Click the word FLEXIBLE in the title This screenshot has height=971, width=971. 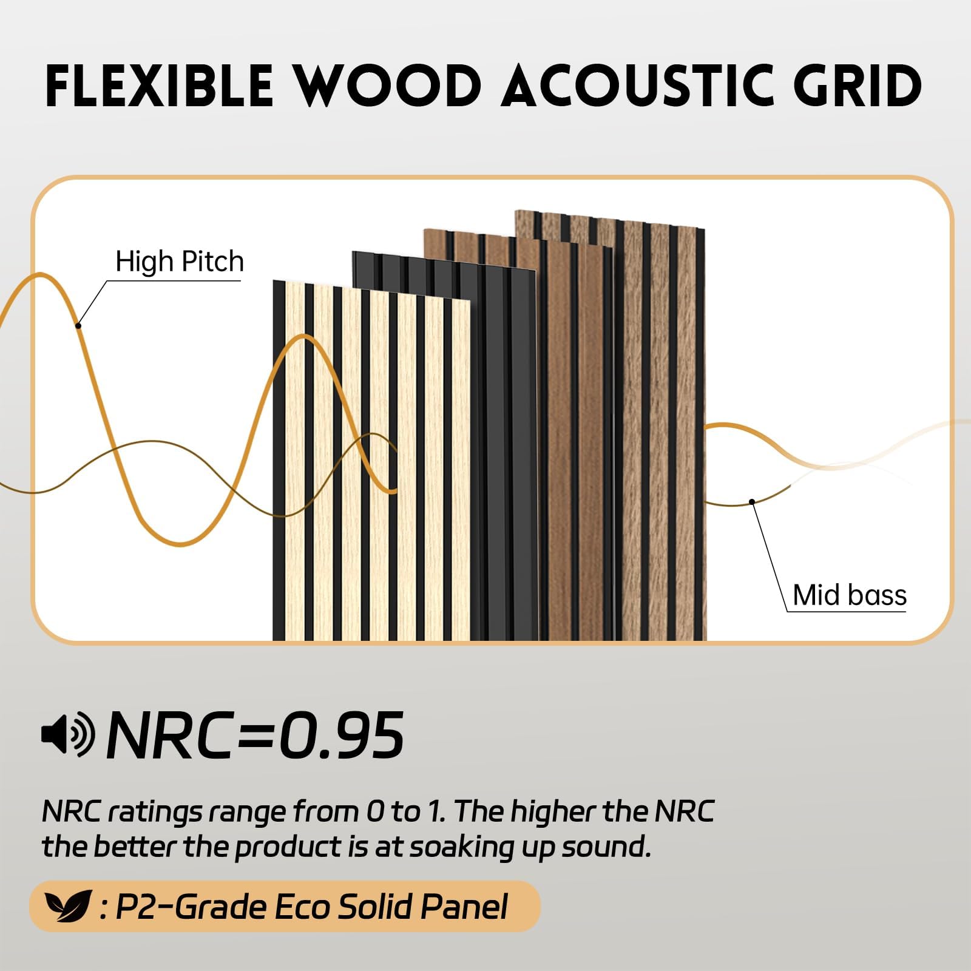[159, 86]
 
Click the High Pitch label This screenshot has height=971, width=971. [180, 262]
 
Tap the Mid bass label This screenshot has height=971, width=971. [850, 595]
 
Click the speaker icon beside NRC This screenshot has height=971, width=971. [68, 734]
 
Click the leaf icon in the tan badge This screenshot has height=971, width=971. [68, 907]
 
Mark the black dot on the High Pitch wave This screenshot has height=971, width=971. [78, 326]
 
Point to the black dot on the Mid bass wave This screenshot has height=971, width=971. [752, 501]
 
